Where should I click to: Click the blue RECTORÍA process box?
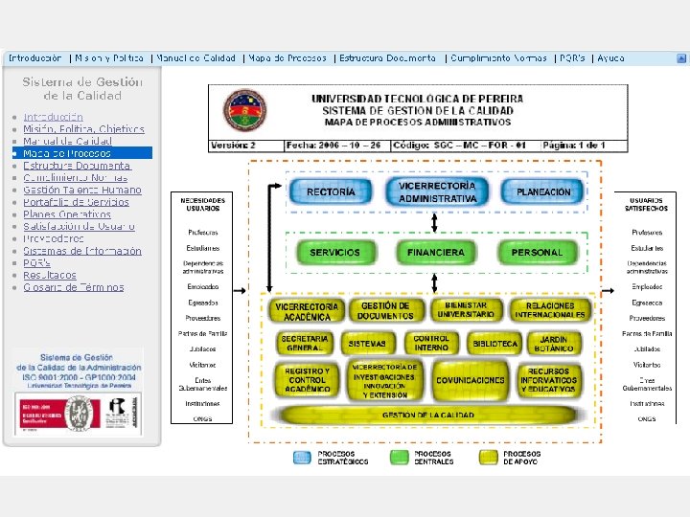point(331,192)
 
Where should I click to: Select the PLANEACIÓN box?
point(543,192)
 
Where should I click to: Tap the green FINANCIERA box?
point(436,253)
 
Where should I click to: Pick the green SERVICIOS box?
point(334,253)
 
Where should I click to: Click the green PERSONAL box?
point(537,253)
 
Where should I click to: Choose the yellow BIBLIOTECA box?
point(494,343)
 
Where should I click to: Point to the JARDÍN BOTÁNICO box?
point(553,343)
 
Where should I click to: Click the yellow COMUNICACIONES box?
point(470,380)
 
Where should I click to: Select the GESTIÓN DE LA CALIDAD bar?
point(428,416)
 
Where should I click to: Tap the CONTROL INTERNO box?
point(432,343)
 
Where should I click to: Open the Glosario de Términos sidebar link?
point(74,287)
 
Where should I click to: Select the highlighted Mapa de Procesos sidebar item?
point(67,153)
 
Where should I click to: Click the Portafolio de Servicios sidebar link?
point(77,202)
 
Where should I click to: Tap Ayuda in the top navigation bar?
point(611,58)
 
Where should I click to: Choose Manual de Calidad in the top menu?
point(196,58)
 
